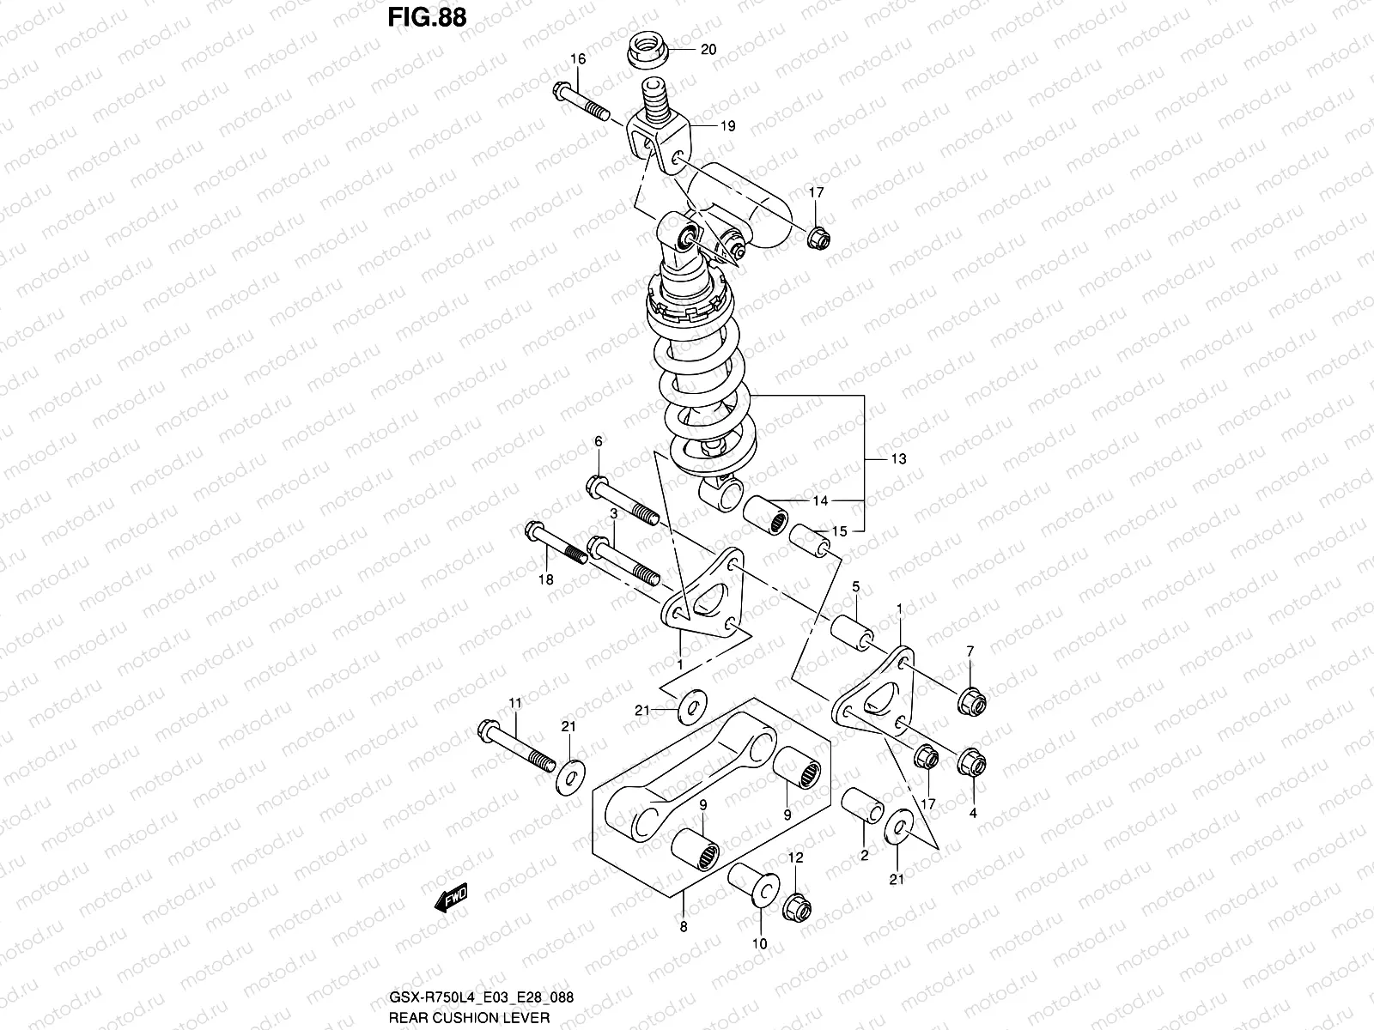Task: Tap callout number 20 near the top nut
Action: point(708,50)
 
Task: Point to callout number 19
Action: point(727,126)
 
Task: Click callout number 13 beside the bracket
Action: point(898,459)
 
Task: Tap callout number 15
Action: point(839,531)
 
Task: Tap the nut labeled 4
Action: point(971,761)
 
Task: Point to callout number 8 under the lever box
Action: point(684,926)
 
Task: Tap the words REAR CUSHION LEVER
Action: point(468,1017)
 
